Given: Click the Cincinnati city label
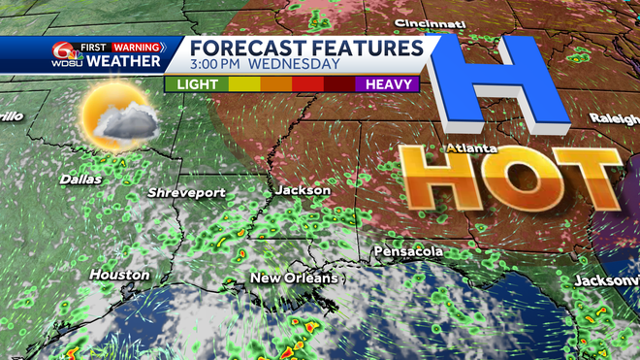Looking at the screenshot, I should pyautogui.click(x=424, y=22).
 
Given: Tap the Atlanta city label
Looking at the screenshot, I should pyautogui.click(x=472, y=148).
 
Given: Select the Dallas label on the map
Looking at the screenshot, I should pyautogui.click(x=80, y=180).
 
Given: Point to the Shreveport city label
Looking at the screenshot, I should pyautogui.click(x=186, y=193).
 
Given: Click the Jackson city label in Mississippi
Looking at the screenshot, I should pyautogui.click(x=302, y=190).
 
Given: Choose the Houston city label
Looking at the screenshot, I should pyautogui.click(x=119, y=275).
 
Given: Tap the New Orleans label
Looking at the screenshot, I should pyautogui.click(x=294, y=278).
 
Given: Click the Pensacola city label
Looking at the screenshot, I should pyautogui.click(x=410, y=251).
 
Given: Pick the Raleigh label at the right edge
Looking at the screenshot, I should pyautogui.click(x=614, y=117).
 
